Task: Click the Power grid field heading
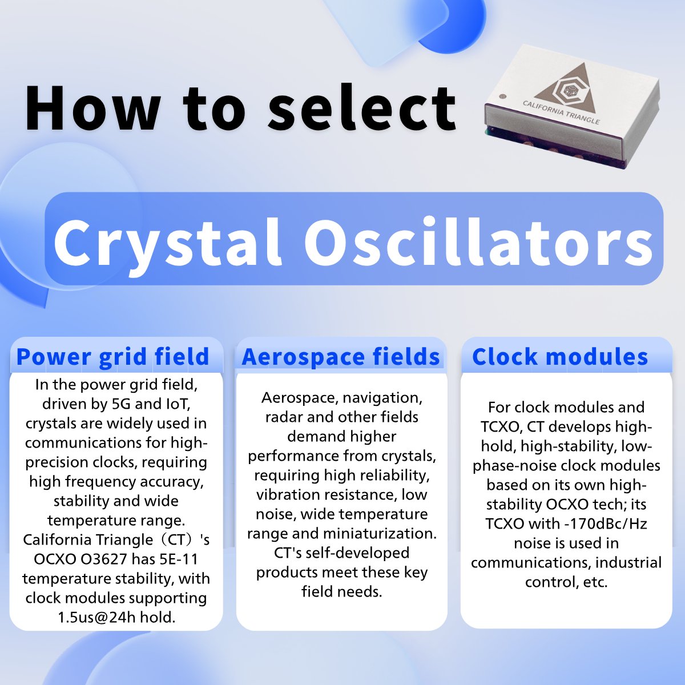[x=113, y=357]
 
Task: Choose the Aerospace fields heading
[x=341, y=357]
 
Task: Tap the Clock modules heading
[x=560, y=357]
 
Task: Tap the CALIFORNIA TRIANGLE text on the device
[x=561, y=112]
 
